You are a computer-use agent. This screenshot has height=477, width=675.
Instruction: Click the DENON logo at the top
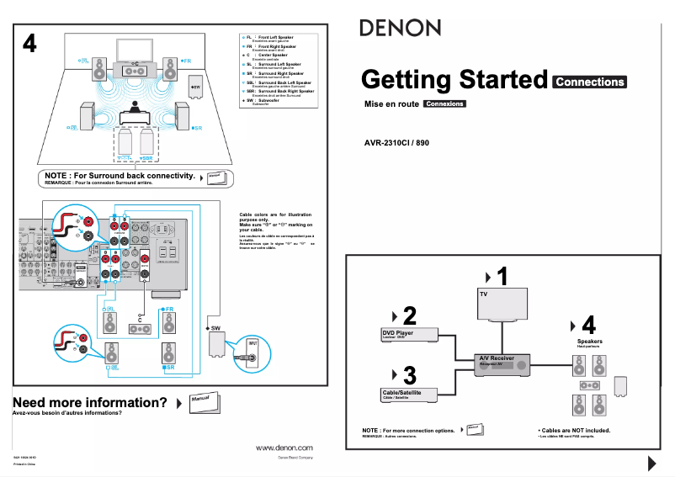point(400,28)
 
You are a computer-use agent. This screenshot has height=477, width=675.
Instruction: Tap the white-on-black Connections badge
point(590,82)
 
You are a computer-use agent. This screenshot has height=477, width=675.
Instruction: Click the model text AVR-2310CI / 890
point(396,142)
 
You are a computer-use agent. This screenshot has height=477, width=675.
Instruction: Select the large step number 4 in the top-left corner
point(29,45)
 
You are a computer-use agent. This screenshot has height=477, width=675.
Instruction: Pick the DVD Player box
point(405,335)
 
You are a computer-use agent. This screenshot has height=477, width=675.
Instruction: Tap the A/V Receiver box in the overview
point(502,363)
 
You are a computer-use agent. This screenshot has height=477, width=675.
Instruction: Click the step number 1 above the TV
point(502,276)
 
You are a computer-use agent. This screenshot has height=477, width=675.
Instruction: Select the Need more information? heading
point(90,402)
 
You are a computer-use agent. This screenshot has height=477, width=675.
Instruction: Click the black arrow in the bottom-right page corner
point(651,463)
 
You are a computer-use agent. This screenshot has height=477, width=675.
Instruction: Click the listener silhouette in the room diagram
point(134,109)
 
